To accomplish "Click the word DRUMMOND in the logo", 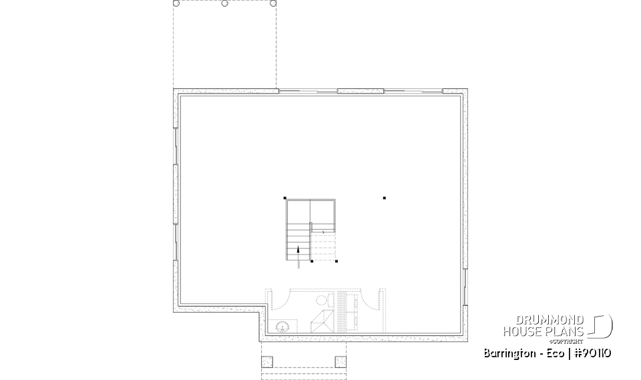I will (552, 320).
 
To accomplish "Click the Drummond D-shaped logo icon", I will (602, 326).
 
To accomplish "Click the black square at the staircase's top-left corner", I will (286, 198).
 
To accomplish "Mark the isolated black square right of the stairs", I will (385, 198).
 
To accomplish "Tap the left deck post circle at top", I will (177, 3).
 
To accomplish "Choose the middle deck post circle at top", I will (224, 3).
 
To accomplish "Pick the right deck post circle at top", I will (273, 3).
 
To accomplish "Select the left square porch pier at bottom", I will (268, 362).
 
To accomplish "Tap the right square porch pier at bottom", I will (341, 362).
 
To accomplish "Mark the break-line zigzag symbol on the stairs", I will (324, 232).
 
